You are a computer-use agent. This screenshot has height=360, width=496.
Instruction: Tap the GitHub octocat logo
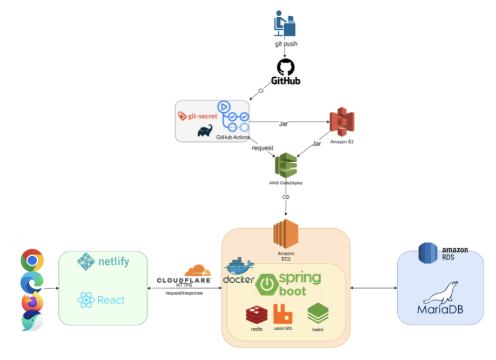(286, 67)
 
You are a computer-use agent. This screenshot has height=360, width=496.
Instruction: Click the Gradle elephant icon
(204, 131)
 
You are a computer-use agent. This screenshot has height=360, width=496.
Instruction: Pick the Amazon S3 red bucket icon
(341, 122)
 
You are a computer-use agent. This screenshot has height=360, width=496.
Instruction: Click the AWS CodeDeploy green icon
(286, 165)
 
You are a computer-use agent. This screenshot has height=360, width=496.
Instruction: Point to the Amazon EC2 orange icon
(286, 235)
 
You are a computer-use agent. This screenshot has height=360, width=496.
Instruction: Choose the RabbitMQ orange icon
(283, 314)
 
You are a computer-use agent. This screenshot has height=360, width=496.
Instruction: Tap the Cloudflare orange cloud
(197, 270)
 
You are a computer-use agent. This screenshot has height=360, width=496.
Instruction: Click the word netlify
(113, 262)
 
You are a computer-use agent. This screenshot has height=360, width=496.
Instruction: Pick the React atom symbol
(86, 300)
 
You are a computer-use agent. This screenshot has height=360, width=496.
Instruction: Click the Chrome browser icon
(32, 261)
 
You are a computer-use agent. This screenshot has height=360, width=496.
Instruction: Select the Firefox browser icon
(32, 302)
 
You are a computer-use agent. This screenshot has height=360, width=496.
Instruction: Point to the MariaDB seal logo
(440, 292)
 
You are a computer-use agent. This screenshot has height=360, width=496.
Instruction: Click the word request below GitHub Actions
(263, 148)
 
